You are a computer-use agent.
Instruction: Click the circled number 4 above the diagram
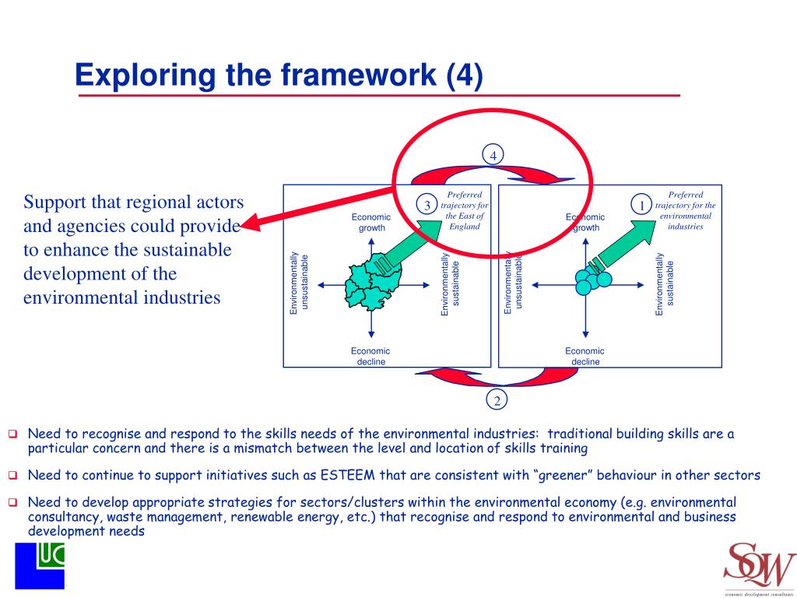tap(493, 155)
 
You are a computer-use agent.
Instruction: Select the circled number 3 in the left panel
tap(427, 206)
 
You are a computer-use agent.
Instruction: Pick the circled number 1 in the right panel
tap(641, 206)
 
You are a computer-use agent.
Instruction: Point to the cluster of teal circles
tap(592, 281)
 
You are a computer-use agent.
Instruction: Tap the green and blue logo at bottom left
tap(40, 565)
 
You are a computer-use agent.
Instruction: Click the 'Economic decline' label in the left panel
tap(370, 356)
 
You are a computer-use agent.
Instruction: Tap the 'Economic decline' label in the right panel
tap(585, 356)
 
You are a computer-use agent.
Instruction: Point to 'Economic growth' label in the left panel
tap(371, 223)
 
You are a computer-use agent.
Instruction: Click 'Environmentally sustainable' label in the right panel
tap(665, 284)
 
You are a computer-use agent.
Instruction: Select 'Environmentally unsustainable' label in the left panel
tap(299, 284)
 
